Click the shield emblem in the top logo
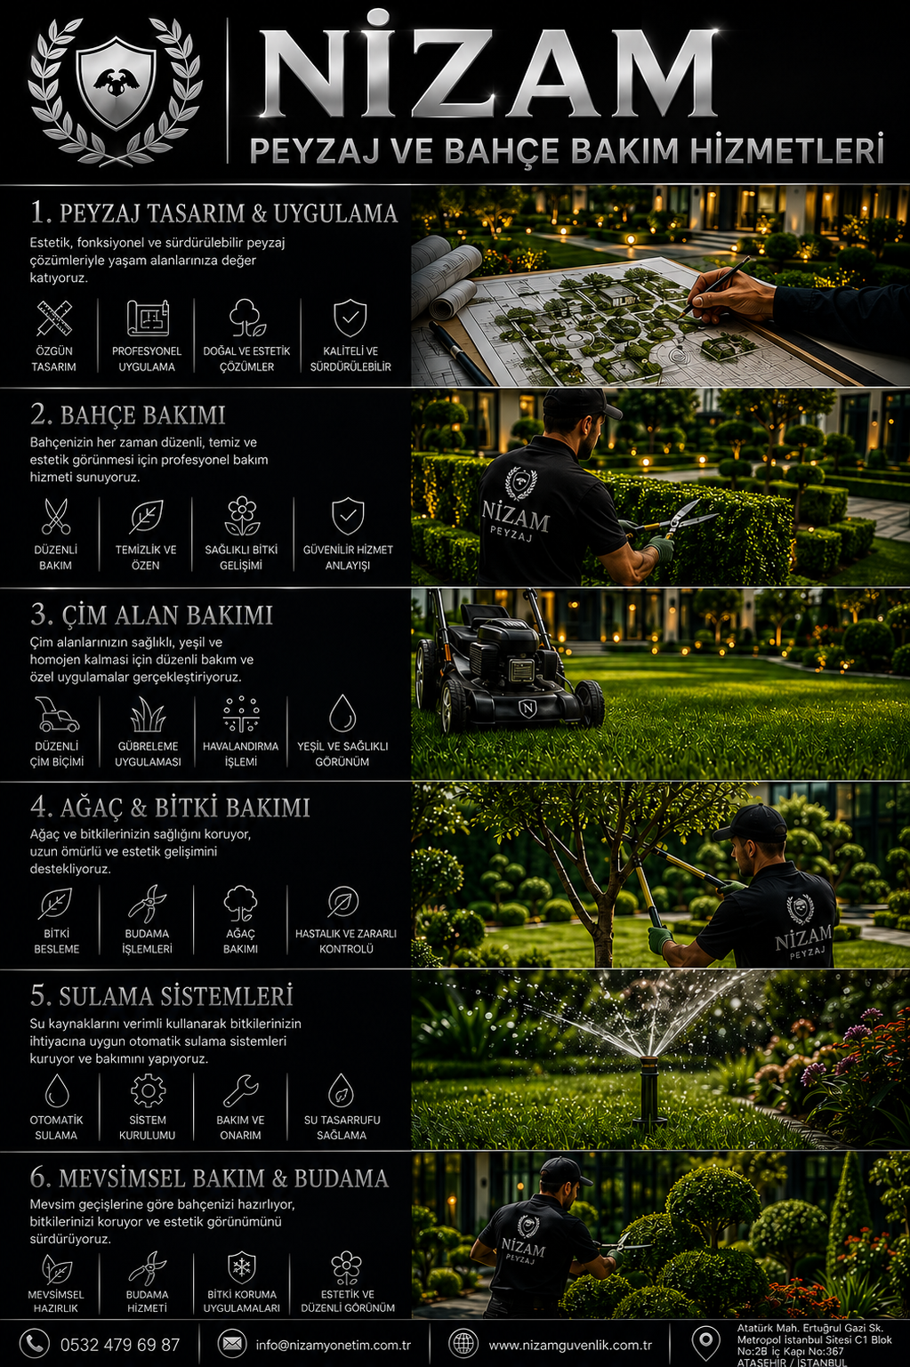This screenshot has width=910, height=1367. [116, 82]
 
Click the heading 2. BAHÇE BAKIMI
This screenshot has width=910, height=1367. [127, 415]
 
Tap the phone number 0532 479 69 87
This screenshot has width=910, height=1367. [120, 1344]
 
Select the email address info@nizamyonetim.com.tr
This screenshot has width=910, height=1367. [334, 1345]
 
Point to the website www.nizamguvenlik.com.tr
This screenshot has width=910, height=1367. [570, 1345]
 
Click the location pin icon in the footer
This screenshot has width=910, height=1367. [705, 1343]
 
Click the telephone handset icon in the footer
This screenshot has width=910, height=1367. [34, 1343]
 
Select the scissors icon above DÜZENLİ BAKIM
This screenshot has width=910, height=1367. [55, 516]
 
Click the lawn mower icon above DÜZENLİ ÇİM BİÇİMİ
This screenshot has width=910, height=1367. [57, 714]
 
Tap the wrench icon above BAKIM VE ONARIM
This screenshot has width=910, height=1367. [240, 1090]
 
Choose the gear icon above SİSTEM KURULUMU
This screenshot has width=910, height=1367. [148, 1090]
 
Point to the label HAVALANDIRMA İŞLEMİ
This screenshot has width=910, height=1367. [240, 753]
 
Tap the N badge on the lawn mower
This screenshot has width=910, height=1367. [526, 708]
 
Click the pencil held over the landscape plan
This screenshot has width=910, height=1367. [716, 285]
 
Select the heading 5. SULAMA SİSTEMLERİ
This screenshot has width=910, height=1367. [162, 996]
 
